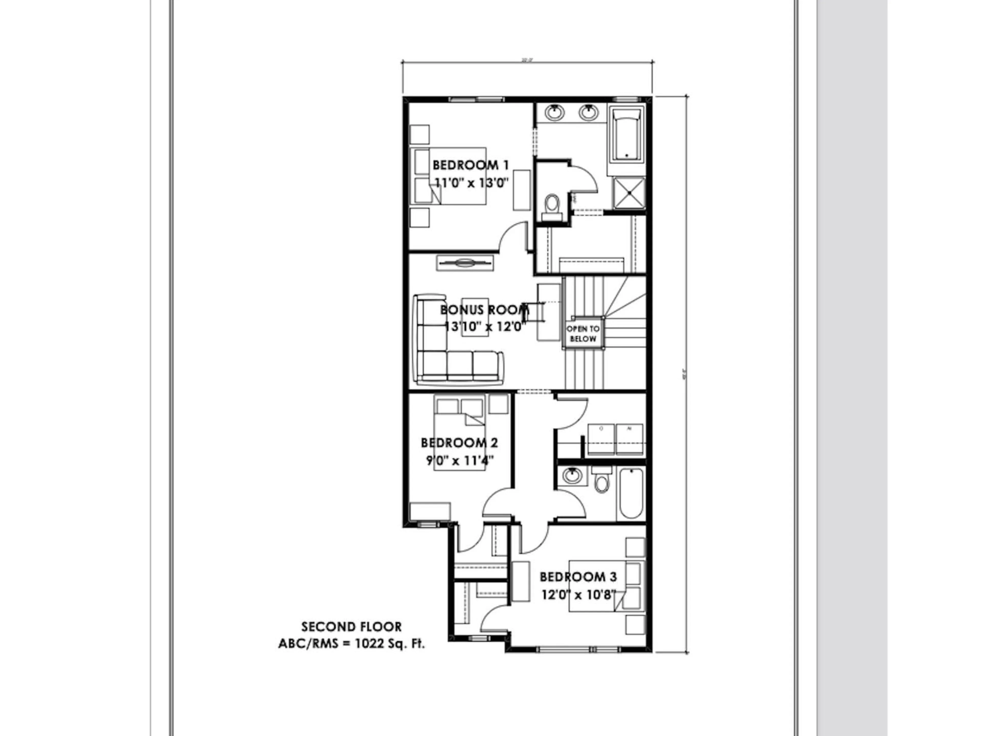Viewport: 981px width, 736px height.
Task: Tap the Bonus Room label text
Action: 484,310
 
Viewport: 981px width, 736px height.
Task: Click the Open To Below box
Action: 583,333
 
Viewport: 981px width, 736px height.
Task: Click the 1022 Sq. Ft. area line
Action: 351,644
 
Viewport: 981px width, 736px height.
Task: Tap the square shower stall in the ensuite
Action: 629,192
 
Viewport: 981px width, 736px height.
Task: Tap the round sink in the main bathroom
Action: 572,476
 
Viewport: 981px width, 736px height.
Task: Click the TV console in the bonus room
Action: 465,263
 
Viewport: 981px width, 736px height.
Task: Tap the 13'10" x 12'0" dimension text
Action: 485,327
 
